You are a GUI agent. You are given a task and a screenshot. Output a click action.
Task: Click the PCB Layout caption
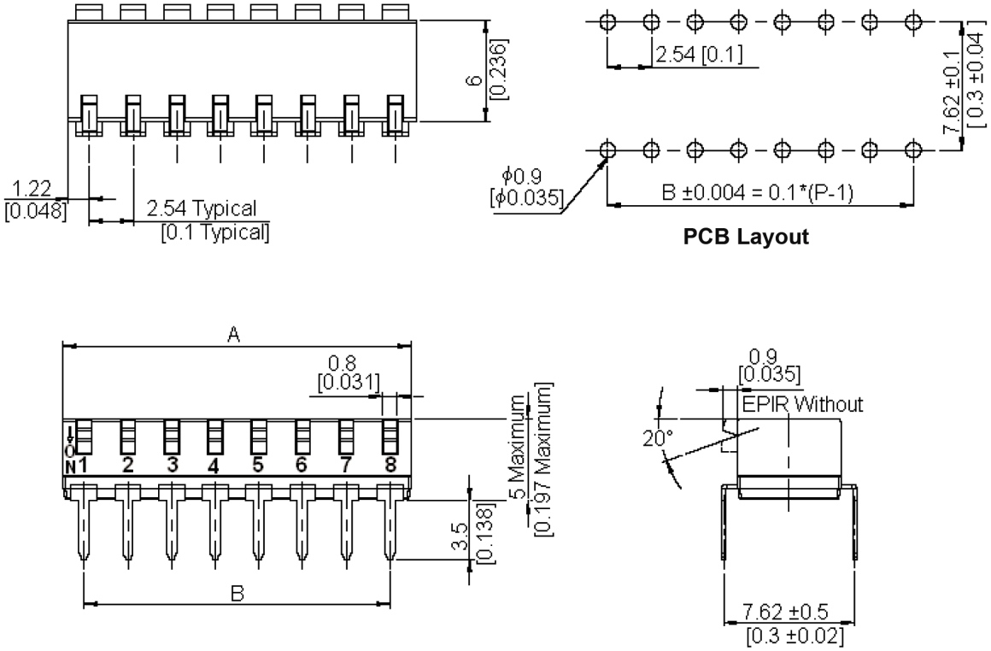(x=746, y=238)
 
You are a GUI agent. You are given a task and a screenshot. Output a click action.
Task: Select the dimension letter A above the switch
(x=232, y=336)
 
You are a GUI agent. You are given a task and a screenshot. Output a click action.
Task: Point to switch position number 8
(x=390, y=466)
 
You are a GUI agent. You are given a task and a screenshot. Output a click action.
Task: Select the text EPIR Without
(x=802, y=404)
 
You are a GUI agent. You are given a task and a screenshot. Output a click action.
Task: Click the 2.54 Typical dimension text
(x=202, y=208)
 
